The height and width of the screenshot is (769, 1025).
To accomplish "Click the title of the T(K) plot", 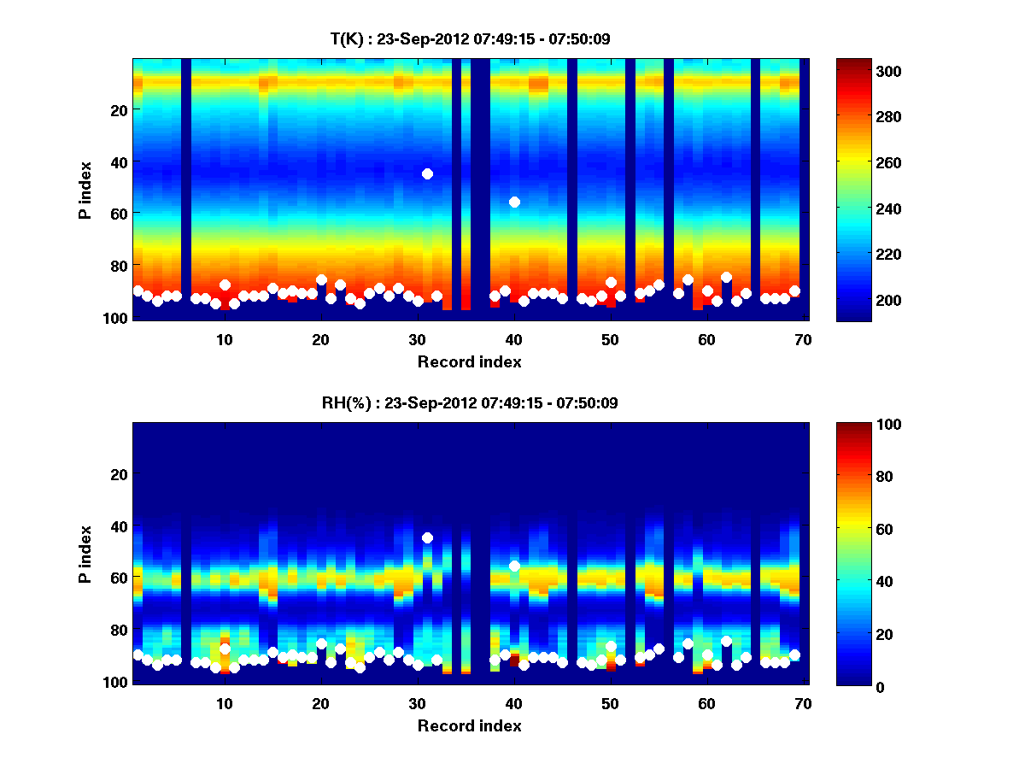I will tap(470, 39).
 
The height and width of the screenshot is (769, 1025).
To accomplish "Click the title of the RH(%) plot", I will tap(470, 403).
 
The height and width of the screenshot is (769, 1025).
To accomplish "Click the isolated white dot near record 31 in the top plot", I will tap(427, 173).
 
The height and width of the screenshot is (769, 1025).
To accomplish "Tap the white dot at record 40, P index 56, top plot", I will tap(514, 202).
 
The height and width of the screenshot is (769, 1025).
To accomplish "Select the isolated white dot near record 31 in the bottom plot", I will tap(427, 537).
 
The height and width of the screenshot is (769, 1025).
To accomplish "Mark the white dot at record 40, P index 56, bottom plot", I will tap(514, 566).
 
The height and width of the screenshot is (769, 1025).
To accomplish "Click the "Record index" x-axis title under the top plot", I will tap(470, 361).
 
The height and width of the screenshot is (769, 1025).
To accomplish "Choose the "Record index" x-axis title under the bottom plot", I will tap(470, 725).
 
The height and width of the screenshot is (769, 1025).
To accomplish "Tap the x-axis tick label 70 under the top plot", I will tap(803, 339).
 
